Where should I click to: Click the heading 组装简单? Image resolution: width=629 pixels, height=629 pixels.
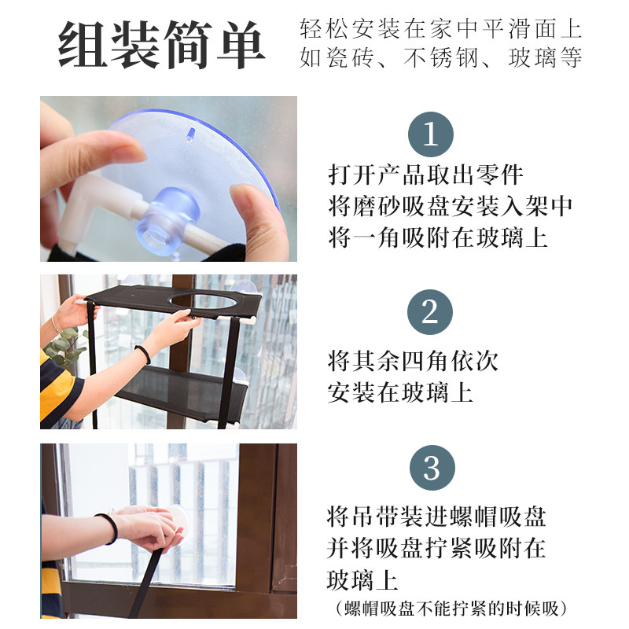(x=162, y=44)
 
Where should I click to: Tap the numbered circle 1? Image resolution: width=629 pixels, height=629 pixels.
(x=430, y=134)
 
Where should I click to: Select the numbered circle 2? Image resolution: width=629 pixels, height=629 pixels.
(x=430, y=312)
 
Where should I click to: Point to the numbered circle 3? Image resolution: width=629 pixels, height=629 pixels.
(x=432, y=468)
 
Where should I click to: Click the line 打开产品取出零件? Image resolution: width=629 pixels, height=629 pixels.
(x=425, y=175)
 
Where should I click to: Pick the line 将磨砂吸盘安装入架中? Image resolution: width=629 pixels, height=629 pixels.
(x=450, y=206)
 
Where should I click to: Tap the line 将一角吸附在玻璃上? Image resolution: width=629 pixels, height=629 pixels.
(x=438, y=237)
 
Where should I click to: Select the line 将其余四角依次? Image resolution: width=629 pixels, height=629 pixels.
(x=414, y=361)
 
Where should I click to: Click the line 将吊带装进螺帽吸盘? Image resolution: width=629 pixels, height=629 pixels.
(x=436, y=517)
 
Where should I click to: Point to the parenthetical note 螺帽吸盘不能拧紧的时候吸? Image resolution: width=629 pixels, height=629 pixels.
(x=451, y=609)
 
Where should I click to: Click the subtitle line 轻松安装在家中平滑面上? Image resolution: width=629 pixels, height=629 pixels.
(x=441, y=28)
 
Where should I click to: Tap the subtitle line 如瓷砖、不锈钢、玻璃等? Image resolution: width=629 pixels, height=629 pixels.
(x=441, y=57)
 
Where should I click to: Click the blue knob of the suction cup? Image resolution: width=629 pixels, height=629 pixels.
(x=167, y=221)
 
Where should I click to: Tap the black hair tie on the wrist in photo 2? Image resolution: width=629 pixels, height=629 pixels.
(x=144, y=354)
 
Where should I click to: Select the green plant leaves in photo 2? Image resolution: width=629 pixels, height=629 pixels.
(x=65, y=348)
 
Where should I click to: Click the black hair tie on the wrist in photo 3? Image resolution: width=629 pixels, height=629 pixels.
(x=109, y=528)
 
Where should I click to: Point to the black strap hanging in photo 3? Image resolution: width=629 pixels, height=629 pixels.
(x=145, y=583)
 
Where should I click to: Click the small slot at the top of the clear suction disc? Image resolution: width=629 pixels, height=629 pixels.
(x=189, y=134)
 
